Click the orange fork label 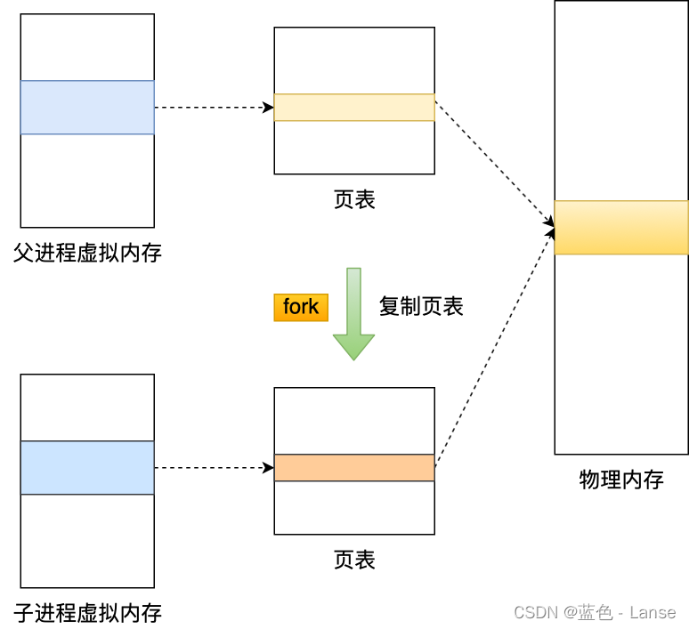point(301,307)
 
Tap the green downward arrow point(353,315)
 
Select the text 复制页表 point(421,306)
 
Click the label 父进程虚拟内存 point(87,253)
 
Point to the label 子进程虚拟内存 point(87,612)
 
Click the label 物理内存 point(620,480)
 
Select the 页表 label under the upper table point(354,199)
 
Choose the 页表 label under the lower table point(354,560)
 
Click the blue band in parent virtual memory point(87,108)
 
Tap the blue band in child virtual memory point(87,468)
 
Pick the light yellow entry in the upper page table point(354,108)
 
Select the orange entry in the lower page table point(354,468)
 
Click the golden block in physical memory point(620,228)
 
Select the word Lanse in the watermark point(653,612)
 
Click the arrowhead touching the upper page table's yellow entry point(268,108)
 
